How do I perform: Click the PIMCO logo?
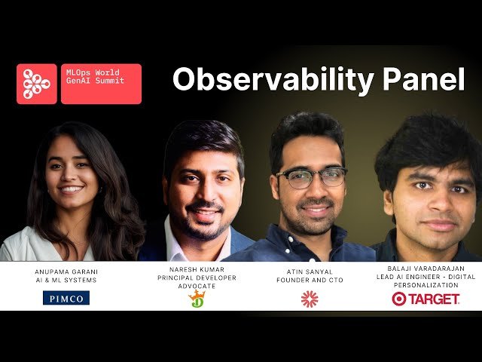pyautogui.click(x=66, y=298)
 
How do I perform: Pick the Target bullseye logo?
pyautogui.click(x=399, y=299)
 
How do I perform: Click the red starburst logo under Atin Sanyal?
pyautogui.click(x=309, y=299)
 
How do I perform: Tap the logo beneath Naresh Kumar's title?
pyautogui.click(x=197, y=299)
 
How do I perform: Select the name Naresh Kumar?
pyautogui.click(x=197, y=267)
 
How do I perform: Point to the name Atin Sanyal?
pyautogui.click(x=310, y=271)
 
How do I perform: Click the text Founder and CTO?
pyautogui.click(x=310, y=280)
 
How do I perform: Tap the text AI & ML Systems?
pyautogui.click(x=66, y=279)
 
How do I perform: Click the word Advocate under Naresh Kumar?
pyautogui.click(x=197, y=286)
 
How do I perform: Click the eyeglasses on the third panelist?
pyautogui.click(x=310, y=177)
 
